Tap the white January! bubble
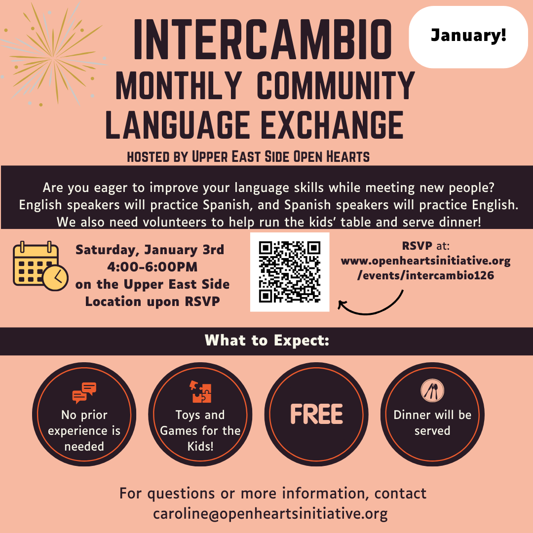coord(468,37)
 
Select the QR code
coord(290,272)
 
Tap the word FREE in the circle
coord(316,415)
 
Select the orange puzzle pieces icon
coord(200,392)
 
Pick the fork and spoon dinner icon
coord(432,391)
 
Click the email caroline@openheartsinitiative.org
coord(270,513)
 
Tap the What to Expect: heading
coord(266,341)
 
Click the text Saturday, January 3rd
coord(150,249)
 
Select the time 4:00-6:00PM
coord(152,267)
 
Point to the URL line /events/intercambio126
coord(425,275)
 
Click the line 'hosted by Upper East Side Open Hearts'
coord(248,157)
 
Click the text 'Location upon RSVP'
coord(152,302)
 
